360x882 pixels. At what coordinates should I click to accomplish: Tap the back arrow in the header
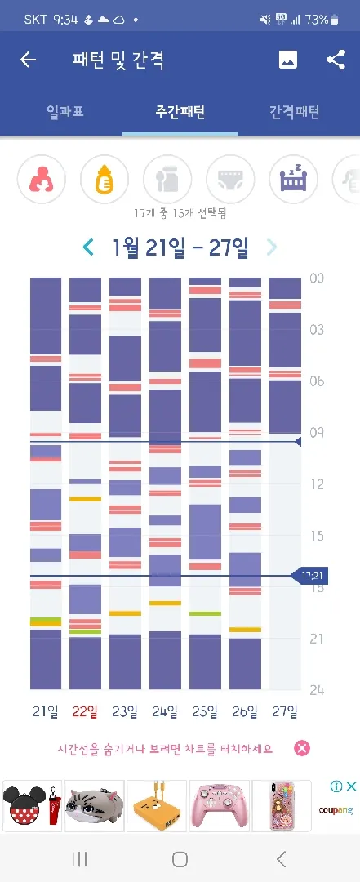[x=28, y=60]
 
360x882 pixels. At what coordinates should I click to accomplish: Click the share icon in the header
[x=336, y=60]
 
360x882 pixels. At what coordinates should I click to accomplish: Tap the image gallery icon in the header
[x=288, y=60]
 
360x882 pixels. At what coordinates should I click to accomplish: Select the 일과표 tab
[x=65, y=111]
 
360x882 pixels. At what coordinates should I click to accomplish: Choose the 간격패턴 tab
[x=294, y=111]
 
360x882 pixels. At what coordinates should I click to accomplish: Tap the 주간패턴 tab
[x=180, y=111]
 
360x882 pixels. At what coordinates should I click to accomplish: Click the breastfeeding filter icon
[x=42, y=180]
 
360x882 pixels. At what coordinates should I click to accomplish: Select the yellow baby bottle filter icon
[x=104, y=180]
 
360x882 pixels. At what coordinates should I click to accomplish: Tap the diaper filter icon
[x=231, y=180]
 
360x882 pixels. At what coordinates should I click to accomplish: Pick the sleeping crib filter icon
[x=294, y=180]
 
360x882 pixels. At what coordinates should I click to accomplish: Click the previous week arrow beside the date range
[x=88, y=247]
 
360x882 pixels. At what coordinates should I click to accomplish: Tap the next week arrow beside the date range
[x=272, y=247]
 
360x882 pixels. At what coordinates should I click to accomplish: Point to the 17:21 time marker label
[x=310, y=576]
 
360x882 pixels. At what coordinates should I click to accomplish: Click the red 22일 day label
[x=84, y=711]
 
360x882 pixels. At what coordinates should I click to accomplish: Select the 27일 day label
[x=285, y=711]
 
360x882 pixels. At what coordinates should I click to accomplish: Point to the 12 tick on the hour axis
[x=317, y=484]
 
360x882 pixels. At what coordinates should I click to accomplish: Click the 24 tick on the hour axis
[x=317, y=690]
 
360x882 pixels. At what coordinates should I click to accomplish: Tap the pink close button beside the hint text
[x=302, y=748]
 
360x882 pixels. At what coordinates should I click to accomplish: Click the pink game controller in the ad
[x=220, y=806]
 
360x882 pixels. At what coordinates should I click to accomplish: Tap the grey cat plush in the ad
[x=94, y=806]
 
